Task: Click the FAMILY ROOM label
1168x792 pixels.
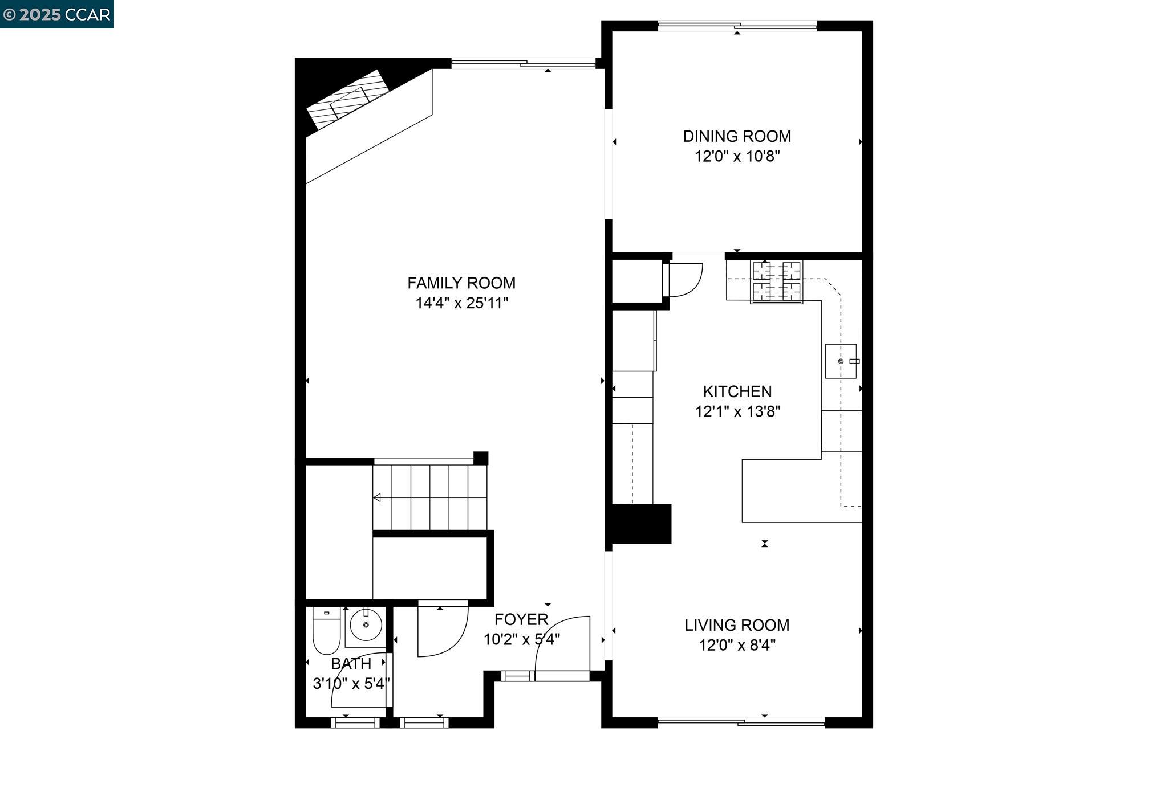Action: click(461, 283)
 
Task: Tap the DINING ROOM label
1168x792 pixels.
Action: click(737, 137)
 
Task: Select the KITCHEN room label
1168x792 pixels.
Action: click(737, 391)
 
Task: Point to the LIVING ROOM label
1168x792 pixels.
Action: click(737, 625)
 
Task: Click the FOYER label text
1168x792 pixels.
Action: click(521, 619)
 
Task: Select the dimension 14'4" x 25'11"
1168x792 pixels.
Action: click(461, 303)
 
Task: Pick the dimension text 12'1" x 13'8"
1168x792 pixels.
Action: click(737, 411)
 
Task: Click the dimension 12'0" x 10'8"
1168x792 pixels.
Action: click(737, 157)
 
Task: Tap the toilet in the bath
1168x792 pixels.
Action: click(326, 631)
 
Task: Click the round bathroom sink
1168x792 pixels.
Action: click(365, 625)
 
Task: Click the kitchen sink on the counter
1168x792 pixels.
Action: click(841, 361)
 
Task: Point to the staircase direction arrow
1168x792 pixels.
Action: click(378, 498)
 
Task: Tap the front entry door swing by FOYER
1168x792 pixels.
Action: click(562, 647)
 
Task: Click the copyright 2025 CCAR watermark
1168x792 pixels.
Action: click(57, 14)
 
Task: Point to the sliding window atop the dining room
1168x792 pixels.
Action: click(737, 26)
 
